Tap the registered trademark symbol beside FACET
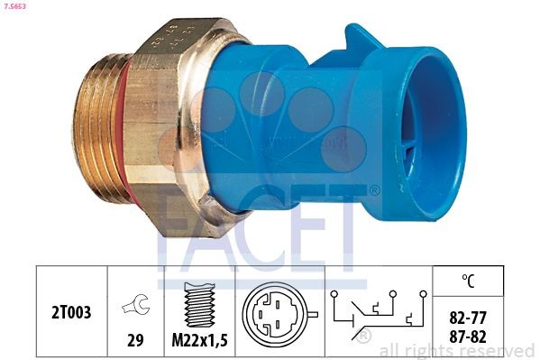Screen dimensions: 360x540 coord(373,190)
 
